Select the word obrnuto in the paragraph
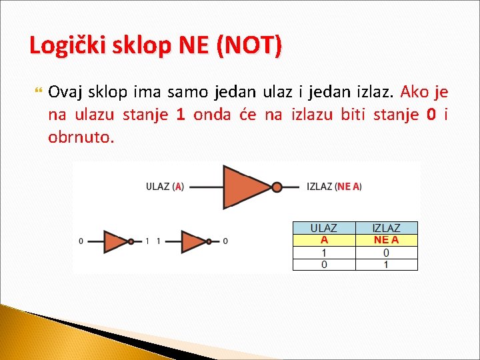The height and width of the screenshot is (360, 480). pyautogui.click(x=81, y=138)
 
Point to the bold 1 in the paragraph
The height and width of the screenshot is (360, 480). pyautogui.click(x=180, y=115)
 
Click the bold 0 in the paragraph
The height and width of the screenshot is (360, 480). pyautogui.click(x=431, y=115)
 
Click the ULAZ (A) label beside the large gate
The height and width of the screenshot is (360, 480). pyautogui.click(x=165, y=187)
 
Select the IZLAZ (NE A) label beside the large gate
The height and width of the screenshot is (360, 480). pyautogui.click(x=334, y=187)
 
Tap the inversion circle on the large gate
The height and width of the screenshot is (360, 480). pyautogui.click(x=277, y=187)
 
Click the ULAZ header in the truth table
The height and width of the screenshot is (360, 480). pyautogui.click(x=324, y=228)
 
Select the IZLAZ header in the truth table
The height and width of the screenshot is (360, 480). pyautogui.click(x=386, y=228)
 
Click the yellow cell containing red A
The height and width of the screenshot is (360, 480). pyautogui.click(x=324, y=240)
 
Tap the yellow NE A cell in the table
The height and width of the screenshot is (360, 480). pyautogui.click(x=386, y=240)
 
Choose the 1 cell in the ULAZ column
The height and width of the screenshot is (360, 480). pyautogui.click(x=324, y=253)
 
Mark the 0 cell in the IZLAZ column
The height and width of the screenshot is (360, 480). pyautogui.click(x=386, y=253)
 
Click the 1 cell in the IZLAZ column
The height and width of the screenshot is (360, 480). pyautogui.click(x=386, y=264)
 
